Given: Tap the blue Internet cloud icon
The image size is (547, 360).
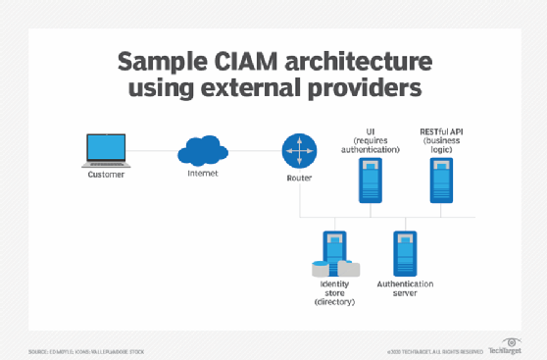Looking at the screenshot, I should point(203,151).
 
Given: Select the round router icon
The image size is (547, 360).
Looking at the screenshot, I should point(299,151).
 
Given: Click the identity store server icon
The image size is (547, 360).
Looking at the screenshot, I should point(334,252).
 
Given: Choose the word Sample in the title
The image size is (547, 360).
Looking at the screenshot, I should point(160,63).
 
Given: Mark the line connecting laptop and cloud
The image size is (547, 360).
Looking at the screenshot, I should point(152,151).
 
